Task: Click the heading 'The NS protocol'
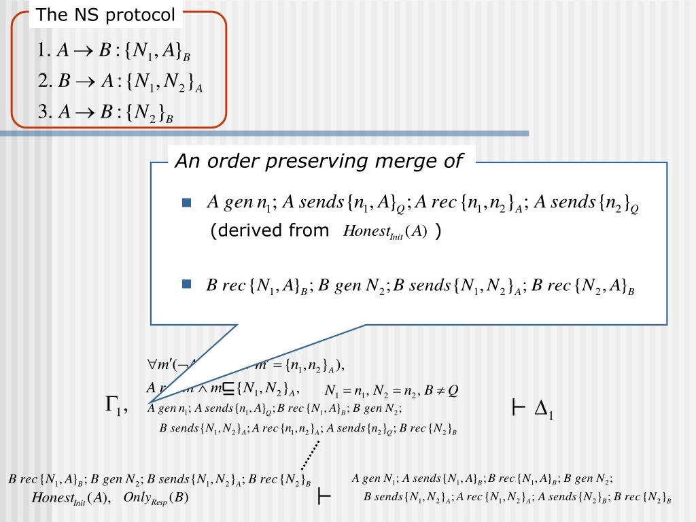click(105, 15)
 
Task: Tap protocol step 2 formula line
click(121, 82)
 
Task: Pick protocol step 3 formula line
click(106, 113)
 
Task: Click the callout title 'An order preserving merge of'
click(319, 161)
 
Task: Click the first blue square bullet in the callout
click(187, 203)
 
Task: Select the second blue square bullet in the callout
click(187, 285)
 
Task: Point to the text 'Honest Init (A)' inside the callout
click(385, 232)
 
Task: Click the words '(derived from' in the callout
click(269, 231)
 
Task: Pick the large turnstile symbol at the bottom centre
click(324, 498)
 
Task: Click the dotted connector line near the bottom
click(310, 455)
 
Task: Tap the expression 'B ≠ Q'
click(442, 391)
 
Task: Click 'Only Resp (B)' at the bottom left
click(156, 498)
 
